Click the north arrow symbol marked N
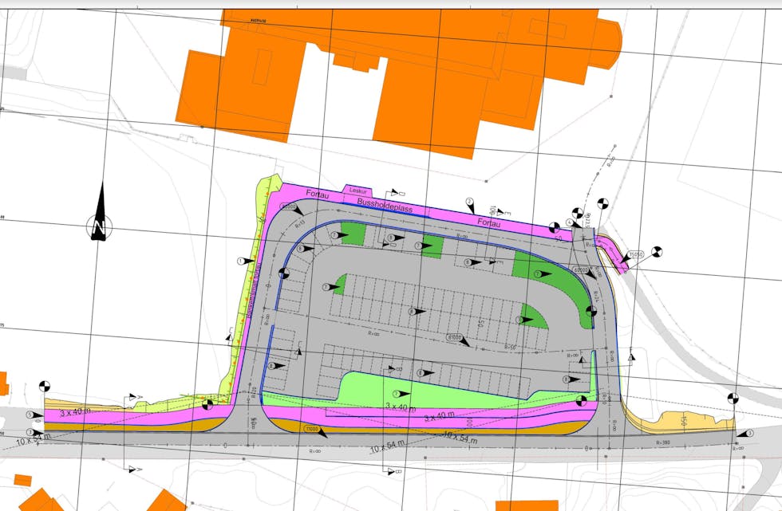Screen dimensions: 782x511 click(101, 214)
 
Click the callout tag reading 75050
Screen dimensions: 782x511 click(635, 255)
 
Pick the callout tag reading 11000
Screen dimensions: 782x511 click(310, 429)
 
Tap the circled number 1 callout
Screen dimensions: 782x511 click(240, 261)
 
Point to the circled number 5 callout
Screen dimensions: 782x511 click(30, 415)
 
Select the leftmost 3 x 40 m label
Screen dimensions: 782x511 click(76, 413)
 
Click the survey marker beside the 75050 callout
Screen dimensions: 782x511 click(657, 251)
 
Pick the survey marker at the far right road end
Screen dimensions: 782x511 click(732, 398)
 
